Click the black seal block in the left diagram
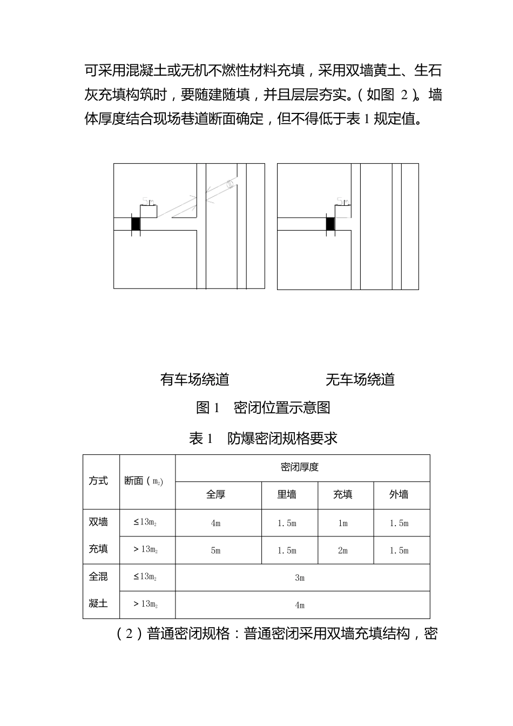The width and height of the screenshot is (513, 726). pyautogui.click(x=136, y=224)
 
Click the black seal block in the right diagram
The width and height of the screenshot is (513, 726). pyautogui.click(x=330, y=224)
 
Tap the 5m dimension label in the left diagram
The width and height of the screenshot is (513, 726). pyautogui.click(x=148, y=201)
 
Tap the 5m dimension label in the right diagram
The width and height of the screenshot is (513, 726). pyautogui.click(x=342, y=201)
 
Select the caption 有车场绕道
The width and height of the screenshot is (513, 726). pyautogui.click(x=194, y=380)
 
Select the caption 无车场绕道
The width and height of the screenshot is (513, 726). pyautogui.click(x=360, y=380)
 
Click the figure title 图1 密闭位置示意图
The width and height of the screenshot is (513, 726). pyautogui.click(x=263, y=408)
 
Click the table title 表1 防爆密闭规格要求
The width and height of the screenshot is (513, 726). pyautogui.click(x=263, y=438)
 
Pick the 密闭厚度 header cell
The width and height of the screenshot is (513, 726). pyautogui.click(x=300, y=468)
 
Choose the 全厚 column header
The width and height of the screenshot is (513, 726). pyautogui.click(x=216, y=495)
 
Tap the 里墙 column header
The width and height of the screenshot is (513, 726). pyautogui.click(x=287, y=495)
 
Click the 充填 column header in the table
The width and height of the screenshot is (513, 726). pyautogui.click(x=343, y=495)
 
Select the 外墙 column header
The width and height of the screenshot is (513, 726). pyautogui.click(x=399, y=495)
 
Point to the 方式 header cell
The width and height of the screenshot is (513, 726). pyautogui.click(x=98, y=481)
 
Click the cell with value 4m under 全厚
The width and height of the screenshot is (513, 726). pyautogui.click(x=216, y=523)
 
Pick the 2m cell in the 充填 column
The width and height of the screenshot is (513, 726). pyautogui.click(x=343, y=551)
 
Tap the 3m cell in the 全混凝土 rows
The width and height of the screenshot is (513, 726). pyautogui.click(x=300, y=578)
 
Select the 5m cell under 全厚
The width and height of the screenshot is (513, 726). pyautogui.click(x=216, y=551)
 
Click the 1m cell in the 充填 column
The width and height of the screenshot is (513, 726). pyautogui.click(x=343, y=523)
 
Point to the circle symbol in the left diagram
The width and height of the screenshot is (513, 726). pyautogui.click(x=230, y=184)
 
